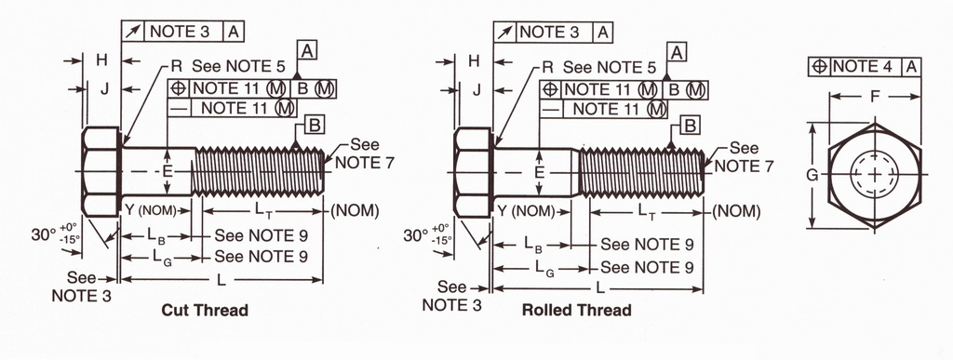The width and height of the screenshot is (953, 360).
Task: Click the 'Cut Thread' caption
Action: (x=205, y=310)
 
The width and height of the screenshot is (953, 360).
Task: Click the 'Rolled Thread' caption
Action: (x=577, y=310)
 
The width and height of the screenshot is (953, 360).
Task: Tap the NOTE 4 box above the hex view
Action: (x=865, y=66)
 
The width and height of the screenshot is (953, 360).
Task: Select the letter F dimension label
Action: (x=875, y=96)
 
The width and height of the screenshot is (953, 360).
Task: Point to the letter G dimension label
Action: (x=812, y=175)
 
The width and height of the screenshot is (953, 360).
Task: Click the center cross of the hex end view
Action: (x=875, y=175)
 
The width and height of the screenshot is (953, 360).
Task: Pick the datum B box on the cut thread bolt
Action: (x=315, y=125)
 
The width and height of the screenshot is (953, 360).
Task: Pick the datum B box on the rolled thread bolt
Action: (x=690, y=125)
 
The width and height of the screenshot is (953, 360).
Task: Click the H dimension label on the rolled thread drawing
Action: (x=474, y=60)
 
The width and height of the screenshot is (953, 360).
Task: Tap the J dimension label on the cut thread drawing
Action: (x=104, y=90)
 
